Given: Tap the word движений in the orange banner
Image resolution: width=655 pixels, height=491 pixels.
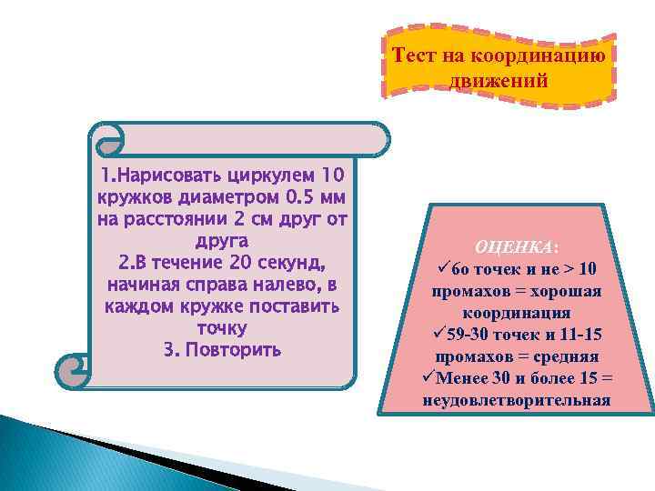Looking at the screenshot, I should pyautogui.click(x=499, y=79).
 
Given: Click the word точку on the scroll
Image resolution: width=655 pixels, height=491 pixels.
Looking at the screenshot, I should pyautogui.click(x=222, y=327).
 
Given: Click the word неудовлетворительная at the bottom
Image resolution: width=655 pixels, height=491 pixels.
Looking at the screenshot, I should pyautogui.click(x=517, y=400).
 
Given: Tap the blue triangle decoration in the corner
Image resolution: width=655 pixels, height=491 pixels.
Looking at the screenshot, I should pyautogui.click(x=55, y=455).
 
